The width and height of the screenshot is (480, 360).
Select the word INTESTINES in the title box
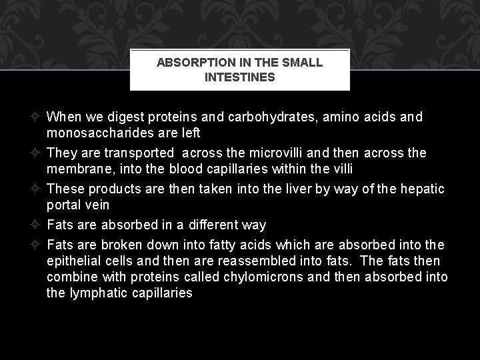pos(239,77)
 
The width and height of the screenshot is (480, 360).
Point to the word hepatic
pos(423,189)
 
